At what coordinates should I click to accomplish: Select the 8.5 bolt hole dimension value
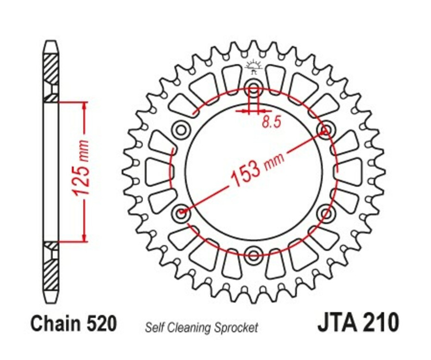pyautogui.click(x=271, y=122)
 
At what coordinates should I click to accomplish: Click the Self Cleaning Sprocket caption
pyautogui.click(x=201, y=328)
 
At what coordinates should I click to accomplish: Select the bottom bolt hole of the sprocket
pyautogui.click(x=254, y=252)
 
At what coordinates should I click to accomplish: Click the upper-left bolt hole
pyautogui.click(x=182, y=129)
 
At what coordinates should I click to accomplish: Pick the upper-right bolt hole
pyautogui.click(x=326, y=129)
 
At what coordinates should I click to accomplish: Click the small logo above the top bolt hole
pyautogui.click(x=253, y=67)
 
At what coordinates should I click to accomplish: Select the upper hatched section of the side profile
pyautogui.click(x=51, y=69)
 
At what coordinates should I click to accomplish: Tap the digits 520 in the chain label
pyautogui.click(x=102, y=324)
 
